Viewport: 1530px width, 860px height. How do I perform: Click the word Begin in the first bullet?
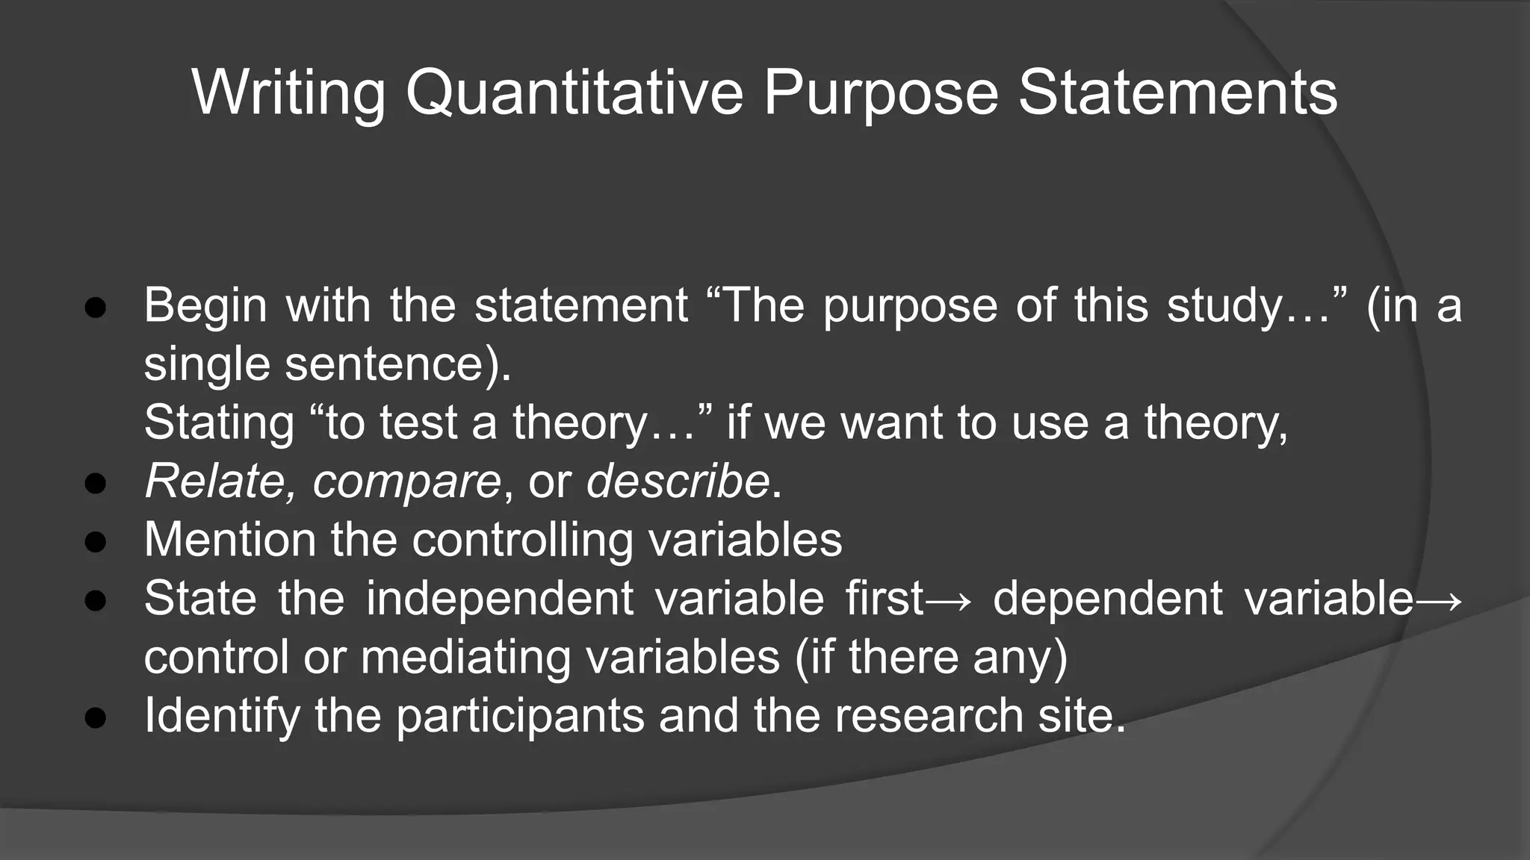pyautogui.click(x=205, y=306)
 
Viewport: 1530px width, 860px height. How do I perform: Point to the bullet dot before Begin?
pyautogui.click(x=96, y=308)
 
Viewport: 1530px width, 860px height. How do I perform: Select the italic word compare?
pyautogui.click(x=406, y=482)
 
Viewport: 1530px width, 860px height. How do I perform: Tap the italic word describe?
pyautogui.click(x=677, y=481)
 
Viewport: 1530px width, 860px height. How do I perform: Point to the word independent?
pyautogui.click(x=500, y=599)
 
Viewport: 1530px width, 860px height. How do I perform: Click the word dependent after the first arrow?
pyautogui.click(x=1107, y=599)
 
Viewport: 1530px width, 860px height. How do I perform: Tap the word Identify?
pyautogui.click(x=221, y=716)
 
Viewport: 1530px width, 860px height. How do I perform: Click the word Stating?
pyautogui.click(x=219, y=423)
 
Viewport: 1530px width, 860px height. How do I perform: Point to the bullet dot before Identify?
pyautogui.click(x=96, y=717)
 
